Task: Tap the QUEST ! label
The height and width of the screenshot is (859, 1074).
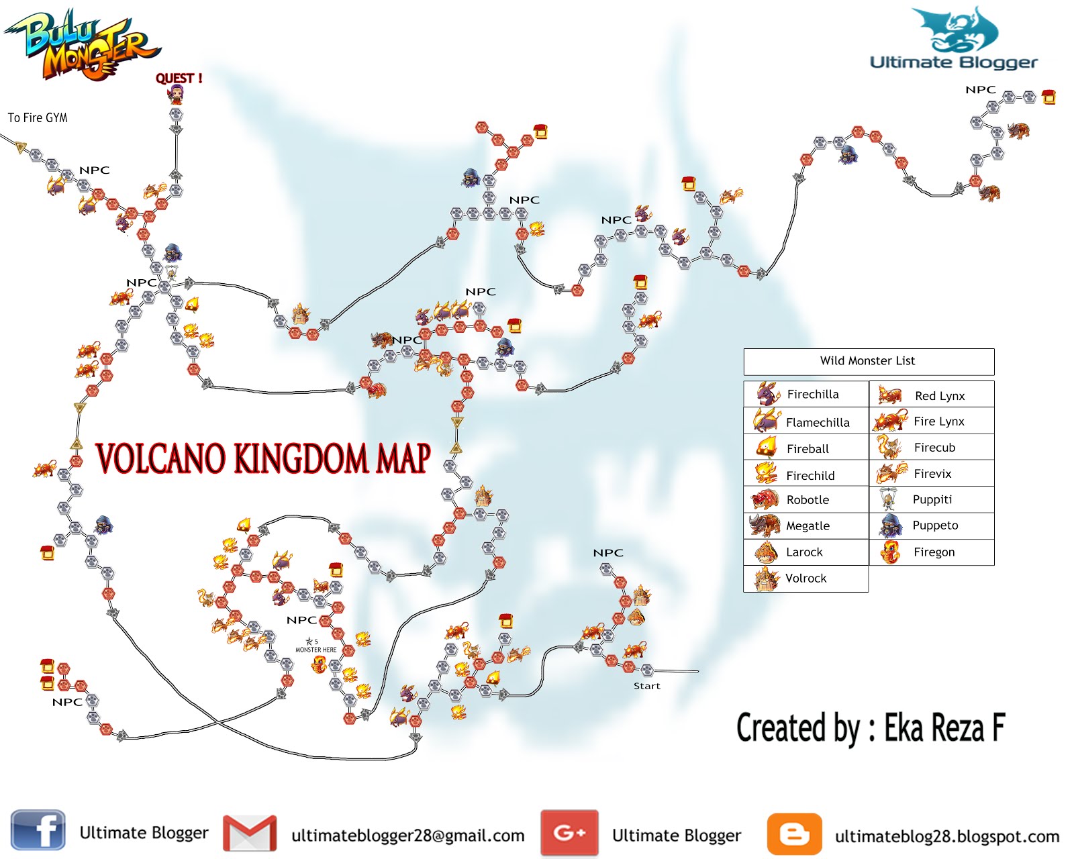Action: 179,79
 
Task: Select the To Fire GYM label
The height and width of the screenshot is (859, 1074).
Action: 38,117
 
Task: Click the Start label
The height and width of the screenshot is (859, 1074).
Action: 646,686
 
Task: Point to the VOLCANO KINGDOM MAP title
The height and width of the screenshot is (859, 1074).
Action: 262,459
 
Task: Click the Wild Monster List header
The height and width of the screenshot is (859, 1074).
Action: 867,361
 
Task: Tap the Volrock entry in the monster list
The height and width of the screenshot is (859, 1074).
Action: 805,578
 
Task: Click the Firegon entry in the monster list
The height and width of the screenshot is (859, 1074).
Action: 934,552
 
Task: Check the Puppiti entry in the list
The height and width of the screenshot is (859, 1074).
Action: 932,499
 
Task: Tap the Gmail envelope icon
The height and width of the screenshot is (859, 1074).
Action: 250,833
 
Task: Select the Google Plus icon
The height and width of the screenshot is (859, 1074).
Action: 569,833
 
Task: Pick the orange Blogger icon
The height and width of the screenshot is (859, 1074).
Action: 794,833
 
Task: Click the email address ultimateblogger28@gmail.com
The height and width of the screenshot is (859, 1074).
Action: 407,836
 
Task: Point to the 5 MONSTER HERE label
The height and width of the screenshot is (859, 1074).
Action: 315,646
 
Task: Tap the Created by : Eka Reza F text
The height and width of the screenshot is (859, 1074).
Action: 871,728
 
